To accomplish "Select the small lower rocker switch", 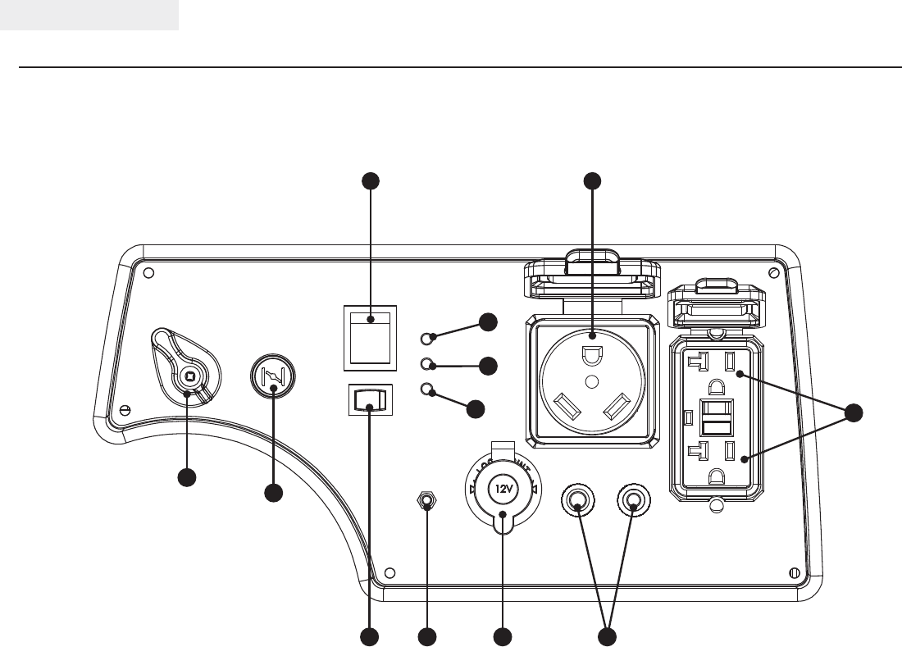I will point(369,400).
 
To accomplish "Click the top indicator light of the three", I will point(426,337).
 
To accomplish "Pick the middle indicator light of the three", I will point(426,364).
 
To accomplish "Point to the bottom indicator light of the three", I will point(426,390).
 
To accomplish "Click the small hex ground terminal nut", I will point(426,501).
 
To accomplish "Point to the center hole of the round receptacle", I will point(590,382).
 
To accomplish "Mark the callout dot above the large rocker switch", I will point(371,181).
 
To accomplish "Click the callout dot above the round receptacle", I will point(591,181).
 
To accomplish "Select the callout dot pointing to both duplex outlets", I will point(854,414).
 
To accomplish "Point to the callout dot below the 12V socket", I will point(502,636).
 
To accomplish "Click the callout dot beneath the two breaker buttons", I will point(607,636).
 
